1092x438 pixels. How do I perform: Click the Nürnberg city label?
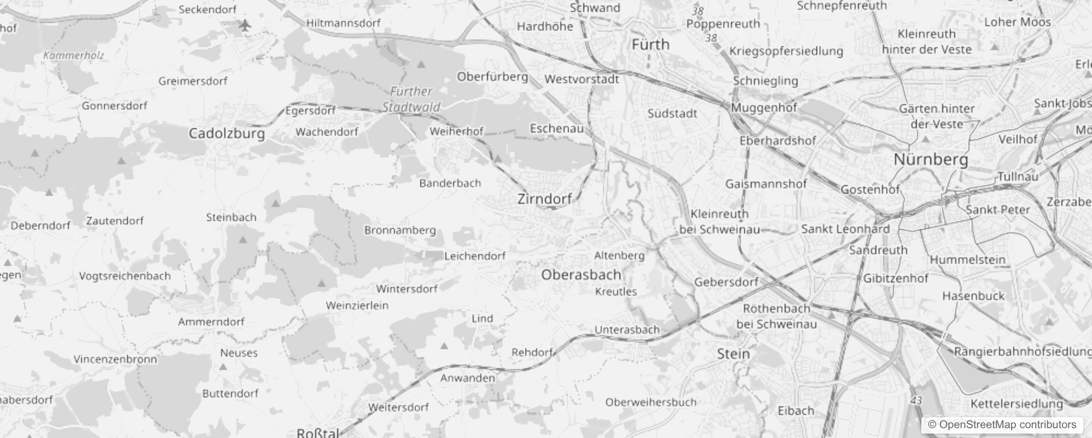pos(931,160)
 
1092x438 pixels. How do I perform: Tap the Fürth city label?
pos(650,44)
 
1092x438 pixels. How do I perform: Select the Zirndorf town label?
pos(544,199)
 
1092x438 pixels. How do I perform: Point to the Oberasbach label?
pos(581,275)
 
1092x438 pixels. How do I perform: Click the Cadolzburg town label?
pos(226,134)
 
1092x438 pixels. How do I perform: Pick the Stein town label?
pos(733,354)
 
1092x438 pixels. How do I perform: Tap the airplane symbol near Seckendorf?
pos(245,25)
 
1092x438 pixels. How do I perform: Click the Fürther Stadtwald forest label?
pos(411,99)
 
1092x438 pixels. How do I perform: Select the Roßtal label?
pos(318,433)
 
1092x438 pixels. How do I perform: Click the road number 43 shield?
pos(916,400)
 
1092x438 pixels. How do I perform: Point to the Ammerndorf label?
pos(211,322)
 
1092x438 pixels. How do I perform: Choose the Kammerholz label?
pos(73,55)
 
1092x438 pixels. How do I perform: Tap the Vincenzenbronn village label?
pos(115,360)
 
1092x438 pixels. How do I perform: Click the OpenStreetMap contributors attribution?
pos(1002,424)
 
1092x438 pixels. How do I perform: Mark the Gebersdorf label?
pos(726,282)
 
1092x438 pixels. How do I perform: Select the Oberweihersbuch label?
pos(650,402)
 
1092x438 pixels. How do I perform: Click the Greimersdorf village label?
pos(193,81)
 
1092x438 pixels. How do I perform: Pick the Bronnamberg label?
pos(400,230)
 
